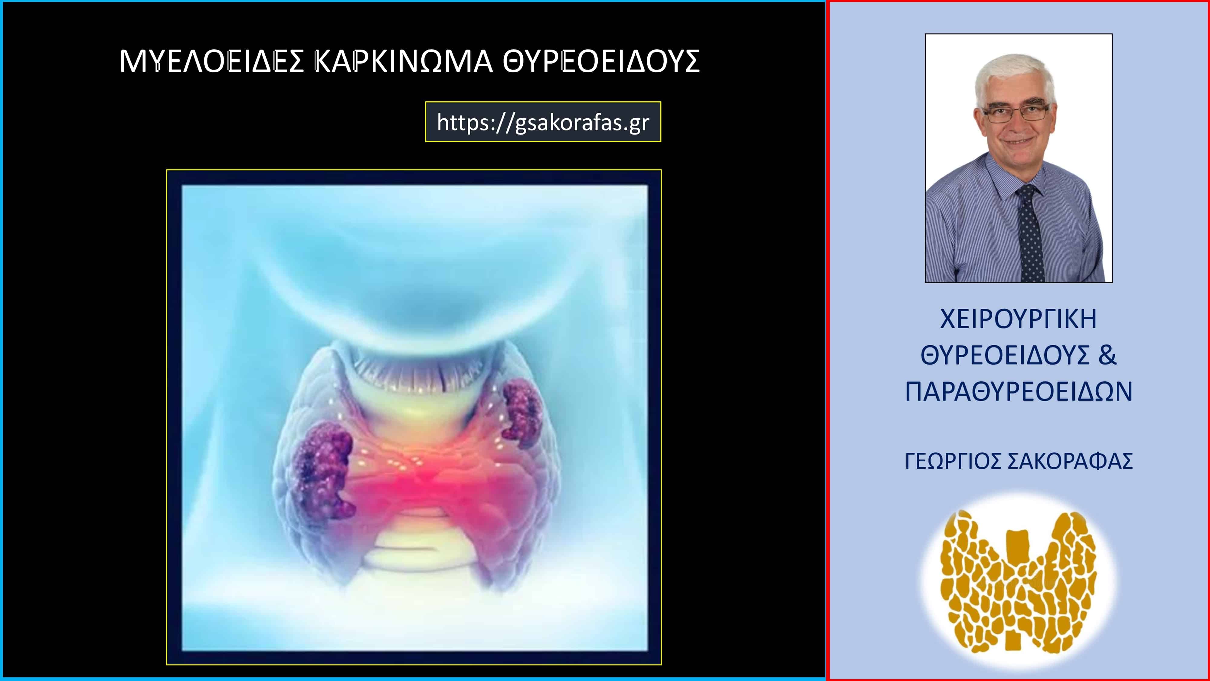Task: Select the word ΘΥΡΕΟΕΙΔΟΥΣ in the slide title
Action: click(601, 61)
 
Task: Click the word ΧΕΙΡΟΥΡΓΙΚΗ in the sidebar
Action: click(1018, 319)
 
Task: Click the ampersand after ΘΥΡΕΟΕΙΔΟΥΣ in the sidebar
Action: click(1107, 355)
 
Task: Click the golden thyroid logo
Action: click(1018, 582)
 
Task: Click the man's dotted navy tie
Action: click(1030, 233)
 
